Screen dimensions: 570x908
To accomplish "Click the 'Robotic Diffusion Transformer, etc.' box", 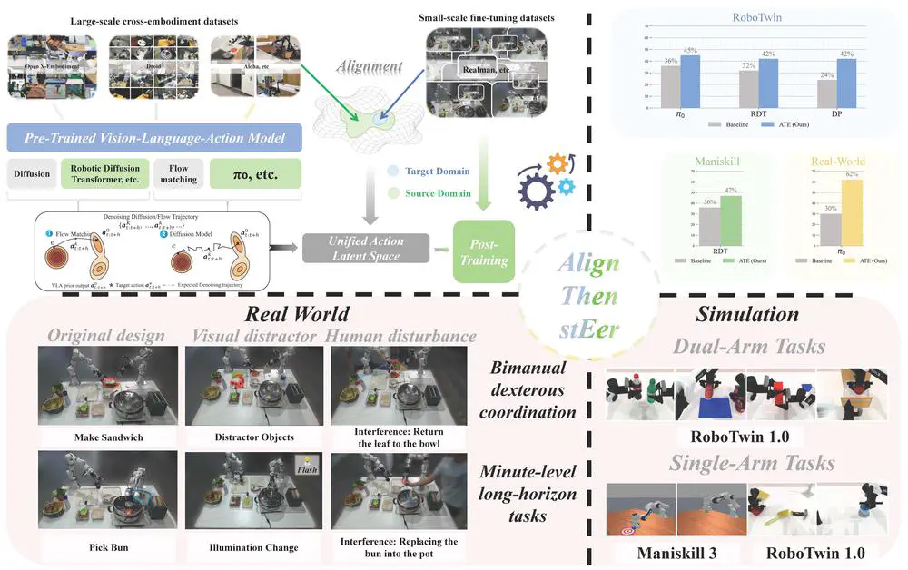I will (x=103, y=172).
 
